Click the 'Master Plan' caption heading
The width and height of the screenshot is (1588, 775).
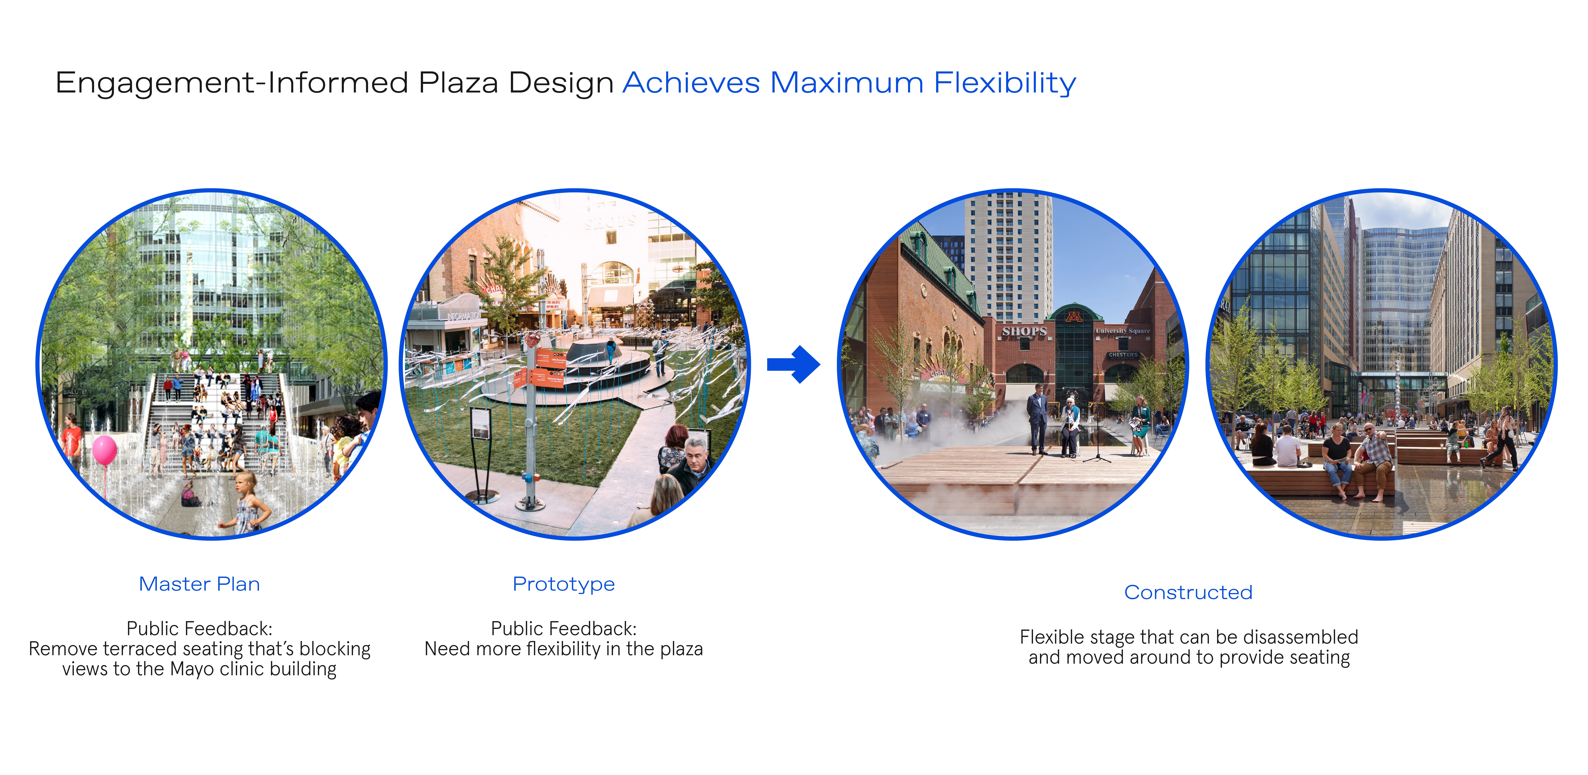click(x=199, y=584)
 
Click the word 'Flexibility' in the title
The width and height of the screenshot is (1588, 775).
click(x=1005, y=83)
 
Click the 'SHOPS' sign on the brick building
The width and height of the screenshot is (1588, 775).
click(x=1024, y=331)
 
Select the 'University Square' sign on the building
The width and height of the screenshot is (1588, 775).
click(x=1123, y=331)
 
